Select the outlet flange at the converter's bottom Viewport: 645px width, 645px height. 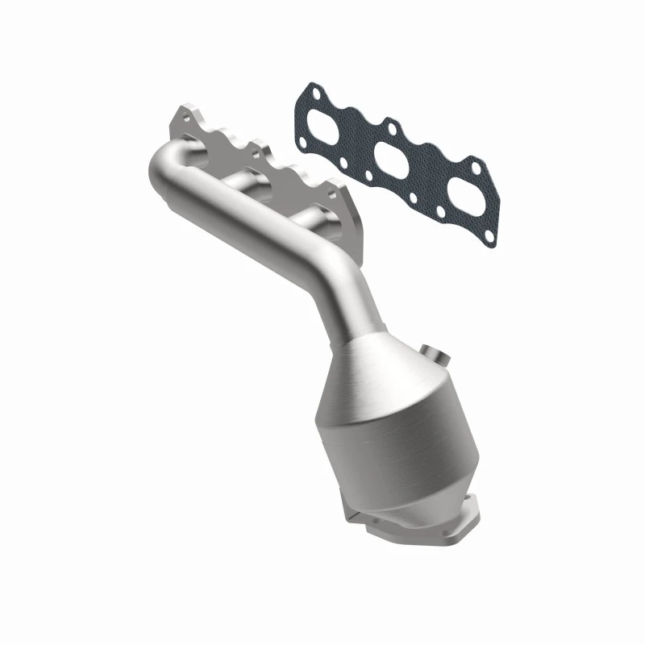click(411, 524)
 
